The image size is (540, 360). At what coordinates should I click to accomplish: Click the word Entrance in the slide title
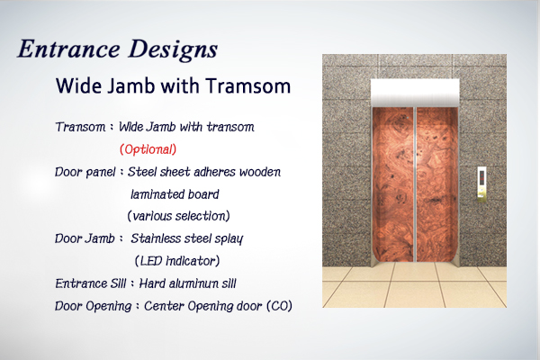69,49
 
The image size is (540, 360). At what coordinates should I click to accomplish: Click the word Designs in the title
173,50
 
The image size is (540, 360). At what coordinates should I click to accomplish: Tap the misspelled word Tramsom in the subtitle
248,85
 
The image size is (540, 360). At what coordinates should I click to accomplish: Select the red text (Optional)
148,149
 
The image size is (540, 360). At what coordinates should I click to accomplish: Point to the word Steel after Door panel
142,172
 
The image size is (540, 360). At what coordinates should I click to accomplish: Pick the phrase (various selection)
178,216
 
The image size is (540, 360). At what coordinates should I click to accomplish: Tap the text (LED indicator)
177,261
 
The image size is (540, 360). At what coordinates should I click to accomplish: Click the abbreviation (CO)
279,306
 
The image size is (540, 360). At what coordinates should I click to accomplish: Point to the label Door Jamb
85,238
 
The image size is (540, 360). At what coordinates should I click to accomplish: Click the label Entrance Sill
91,283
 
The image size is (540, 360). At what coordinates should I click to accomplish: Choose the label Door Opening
94,306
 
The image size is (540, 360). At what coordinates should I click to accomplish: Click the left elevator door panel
393,184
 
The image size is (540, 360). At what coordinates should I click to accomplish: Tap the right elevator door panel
437,184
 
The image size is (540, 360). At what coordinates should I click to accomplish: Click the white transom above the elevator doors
415,93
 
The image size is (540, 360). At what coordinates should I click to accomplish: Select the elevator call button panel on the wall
481,184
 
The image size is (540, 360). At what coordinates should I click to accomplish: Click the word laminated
154,194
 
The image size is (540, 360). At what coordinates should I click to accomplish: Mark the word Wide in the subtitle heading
78,85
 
